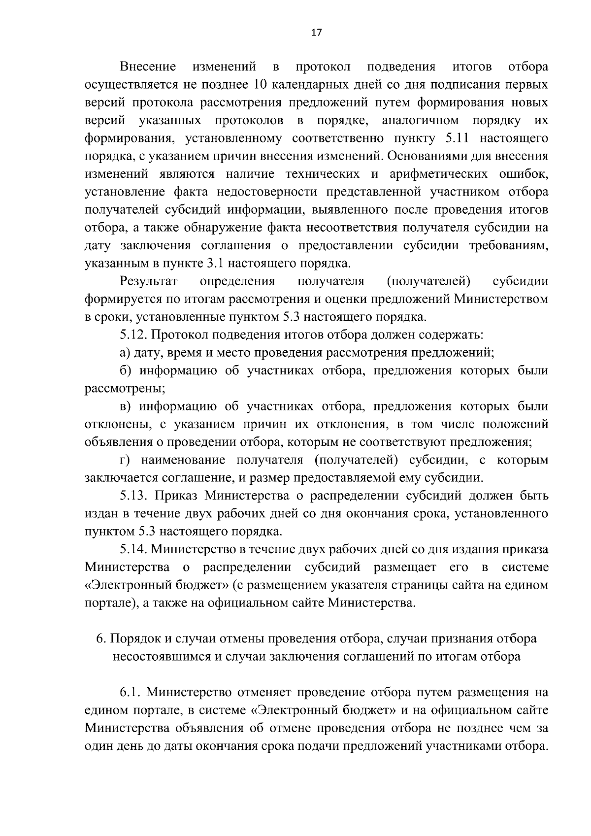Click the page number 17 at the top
tap(316, 33)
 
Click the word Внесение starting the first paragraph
tap(148, 67)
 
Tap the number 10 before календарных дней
tap(260, 85)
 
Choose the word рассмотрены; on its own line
tap(125, 389)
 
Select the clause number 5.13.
tap(134, 496)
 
